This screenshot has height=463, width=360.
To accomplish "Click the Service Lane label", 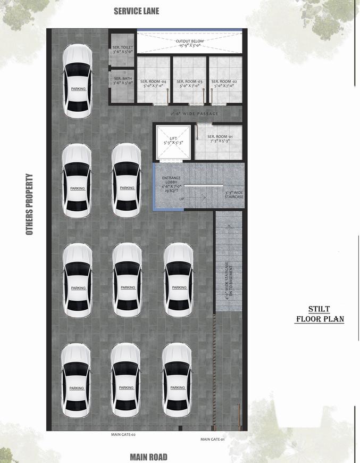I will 136,11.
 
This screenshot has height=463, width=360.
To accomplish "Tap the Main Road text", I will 148,457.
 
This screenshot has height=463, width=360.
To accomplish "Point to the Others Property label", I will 30,204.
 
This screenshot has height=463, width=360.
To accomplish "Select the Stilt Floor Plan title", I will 320,314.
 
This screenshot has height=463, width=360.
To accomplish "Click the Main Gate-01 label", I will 213,439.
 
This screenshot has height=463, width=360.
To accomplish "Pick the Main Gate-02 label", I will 123,434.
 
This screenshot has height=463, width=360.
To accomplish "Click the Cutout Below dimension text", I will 190,43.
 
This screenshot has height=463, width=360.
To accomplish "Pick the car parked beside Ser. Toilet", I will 78,81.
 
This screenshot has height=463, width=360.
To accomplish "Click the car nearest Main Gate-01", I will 177,380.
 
